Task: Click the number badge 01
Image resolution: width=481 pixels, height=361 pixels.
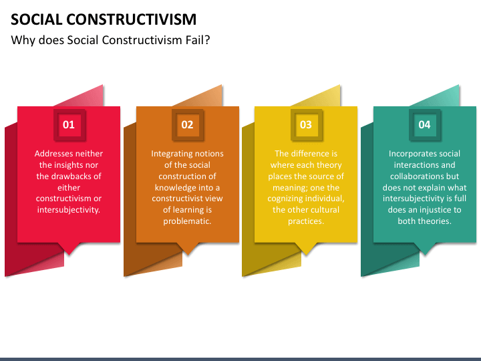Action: pos(69,124)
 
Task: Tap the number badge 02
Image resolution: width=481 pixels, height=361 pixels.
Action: pos(187,124)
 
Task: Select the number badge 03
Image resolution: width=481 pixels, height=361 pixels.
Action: pos(306,124)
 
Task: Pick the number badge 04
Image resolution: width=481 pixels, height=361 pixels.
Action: pos(424,124)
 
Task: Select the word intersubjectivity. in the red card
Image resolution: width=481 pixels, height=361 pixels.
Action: pos(69,210)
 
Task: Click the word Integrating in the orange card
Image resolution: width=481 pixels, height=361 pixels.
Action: pos(172,154)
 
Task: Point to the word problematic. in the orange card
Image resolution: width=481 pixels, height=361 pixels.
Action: pos(187,221)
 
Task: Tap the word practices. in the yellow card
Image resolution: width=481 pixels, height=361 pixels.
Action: pos(306,221)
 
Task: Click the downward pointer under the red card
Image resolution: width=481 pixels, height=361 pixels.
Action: pos(69,249)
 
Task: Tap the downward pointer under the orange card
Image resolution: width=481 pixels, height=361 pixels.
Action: pos(187,249)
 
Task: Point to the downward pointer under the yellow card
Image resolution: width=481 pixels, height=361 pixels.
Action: pos(306,249)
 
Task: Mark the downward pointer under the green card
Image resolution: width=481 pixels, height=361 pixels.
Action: pos(424,249)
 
